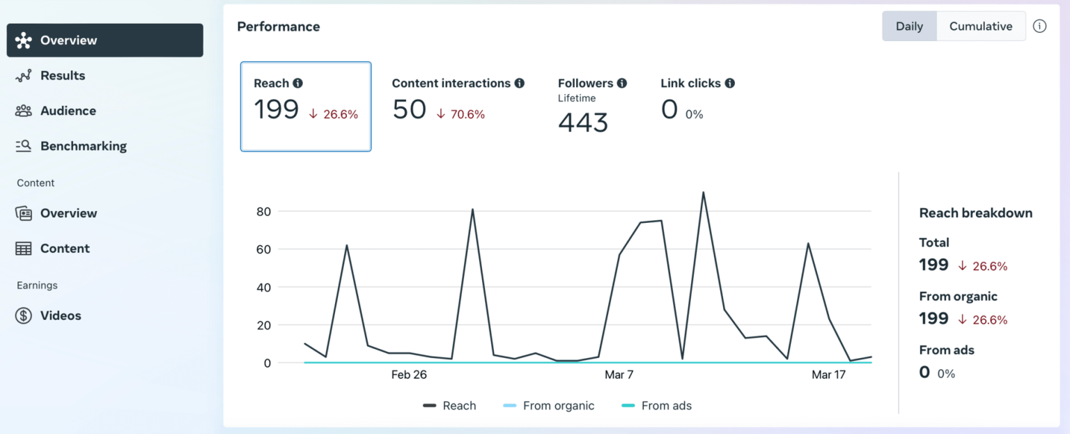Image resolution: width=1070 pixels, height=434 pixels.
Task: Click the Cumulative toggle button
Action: pos(980,26)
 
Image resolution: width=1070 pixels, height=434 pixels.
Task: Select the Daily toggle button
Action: pos(909,26)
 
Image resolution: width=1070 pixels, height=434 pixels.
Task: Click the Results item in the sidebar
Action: pos(63,75)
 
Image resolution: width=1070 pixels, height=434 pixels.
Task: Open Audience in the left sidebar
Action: pos(68,111)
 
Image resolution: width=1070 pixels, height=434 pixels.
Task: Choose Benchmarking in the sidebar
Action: pos(83,146)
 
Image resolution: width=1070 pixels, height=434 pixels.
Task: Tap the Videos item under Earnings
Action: pos(61,316)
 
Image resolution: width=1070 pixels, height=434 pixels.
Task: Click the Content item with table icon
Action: pos(65,249)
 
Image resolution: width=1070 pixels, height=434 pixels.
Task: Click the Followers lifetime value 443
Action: pos(583,123)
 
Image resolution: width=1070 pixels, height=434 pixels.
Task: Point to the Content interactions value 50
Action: pos(409,109)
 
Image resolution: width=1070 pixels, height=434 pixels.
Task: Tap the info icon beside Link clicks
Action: pos(729,83)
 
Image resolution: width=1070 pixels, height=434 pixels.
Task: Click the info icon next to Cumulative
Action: pos(1039,26)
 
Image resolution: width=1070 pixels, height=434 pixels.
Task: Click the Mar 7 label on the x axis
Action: pos(619,375)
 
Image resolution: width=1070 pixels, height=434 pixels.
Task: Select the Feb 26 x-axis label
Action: pos(409,375)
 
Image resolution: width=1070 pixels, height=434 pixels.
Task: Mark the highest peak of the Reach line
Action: pos(704,192)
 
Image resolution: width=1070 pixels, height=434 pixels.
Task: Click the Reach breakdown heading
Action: pos(975,213)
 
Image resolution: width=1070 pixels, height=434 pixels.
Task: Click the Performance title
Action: pos(279,26)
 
